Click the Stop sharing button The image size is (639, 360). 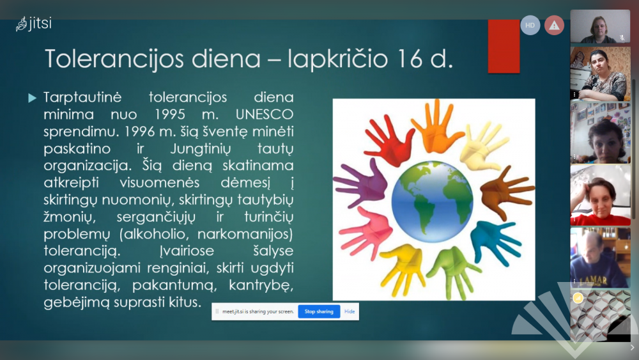319,311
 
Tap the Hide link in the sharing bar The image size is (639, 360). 350,311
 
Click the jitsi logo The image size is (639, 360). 34,24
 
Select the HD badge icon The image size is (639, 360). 530,26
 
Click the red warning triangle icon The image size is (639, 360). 554,26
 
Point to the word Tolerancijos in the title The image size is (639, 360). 114,59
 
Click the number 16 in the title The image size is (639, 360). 410,59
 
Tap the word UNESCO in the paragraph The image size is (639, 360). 265,114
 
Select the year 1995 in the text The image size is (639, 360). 169,114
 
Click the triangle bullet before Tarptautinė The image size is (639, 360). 32,98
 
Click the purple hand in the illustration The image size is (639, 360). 361,184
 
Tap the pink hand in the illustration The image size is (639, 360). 365,232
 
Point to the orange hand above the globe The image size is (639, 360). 436,127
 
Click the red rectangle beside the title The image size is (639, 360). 504,46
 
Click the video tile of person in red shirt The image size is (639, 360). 600,195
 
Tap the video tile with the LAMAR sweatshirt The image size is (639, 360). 600,258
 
